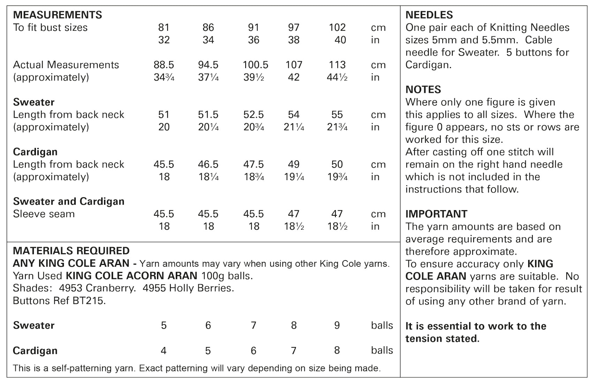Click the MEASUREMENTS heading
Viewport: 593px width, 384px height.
point(58,15)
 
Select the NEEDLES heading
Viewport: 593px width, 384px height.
point(429,15)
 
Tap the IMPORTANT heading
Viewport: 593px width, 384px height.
point(436,214)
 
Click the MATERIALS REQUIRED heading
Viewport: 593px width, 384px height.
point(71,251)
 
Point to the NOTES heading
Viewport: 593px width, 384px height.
point(423,89)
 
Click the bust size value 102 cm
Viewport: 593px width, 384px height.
point(337,27)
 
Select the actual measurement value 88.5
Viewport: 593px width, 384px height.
point(164,65)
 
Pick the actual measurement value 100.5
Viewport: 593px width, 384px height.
point(255,65)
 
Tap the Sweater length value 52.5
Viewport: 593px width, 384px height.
point(254,115)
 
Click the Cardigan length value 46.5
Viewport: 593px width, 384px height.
point(208,164)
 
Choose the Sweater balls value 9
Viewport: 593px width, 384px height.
point(337,325)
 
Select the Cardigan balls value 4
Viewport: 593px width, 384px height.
point(164,350)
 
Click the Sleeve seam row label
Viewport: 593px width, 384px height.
point(44,214)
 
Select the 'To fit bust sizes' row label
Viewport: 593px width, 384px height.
point(50,27)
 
